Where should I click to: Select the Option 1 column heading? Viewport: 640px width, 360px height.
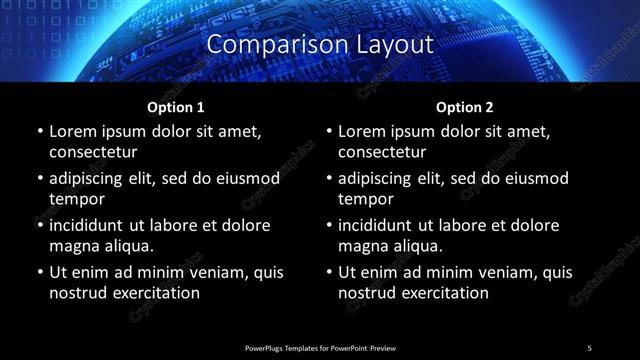point(176,107)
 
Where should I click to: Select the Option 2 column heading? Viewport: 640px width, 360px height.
point(465,107)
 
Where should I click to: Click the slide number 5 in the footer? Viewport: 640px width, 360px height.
point(589,348)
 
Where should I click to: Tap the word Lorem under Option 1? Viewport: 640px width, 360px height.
point(74,131)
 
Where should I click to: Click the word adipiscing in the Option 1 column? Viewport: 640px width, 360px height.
point(91,178)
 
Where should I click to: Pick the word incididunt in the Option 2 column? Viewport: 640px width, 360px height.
point(380,225)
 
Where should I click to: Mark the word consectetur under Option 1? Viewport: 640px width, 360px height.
point(93,152)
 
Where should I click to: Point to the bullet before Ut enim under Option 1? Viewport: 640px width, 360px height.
point(39,273)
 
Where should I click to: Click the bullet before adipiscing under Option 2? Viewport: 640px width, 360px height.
point(328,179)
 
